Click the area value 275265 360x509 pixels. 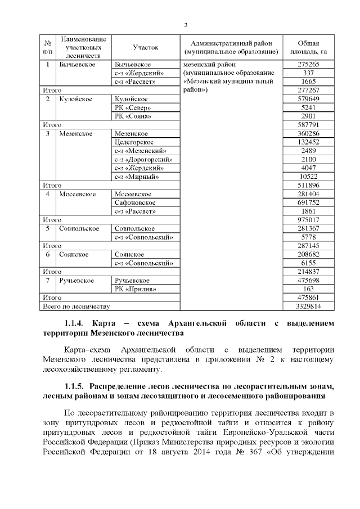click(x=308, y=65)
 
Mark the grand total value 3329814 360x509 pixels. click(x=308, y=307)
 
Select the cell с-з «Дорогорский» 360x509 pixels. click(x=143, y=160)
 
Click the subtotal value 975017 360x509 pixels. click(x=308, y=220)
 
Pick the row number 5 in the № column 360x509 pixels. click(x=48, y=228)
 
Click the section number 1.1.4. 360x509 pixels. click(x=74, y=324)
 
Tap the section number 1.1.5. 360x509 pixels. click(x=74, y=386)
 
